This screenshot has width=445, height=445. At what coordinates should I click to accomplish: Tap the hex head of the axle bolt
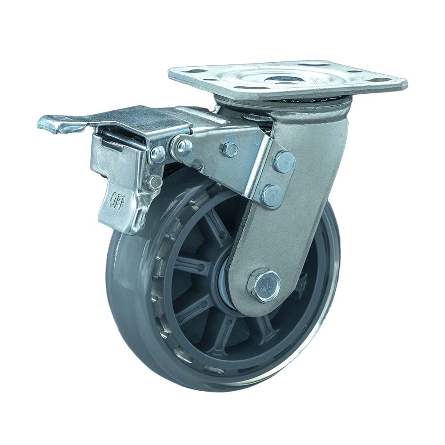point(265,284)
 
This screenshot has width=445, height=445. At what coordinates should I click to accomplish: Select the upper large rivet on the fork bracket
point(284,162)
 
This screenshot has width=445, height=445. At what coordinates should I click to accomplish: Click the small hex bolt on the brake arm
point(229,149)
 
